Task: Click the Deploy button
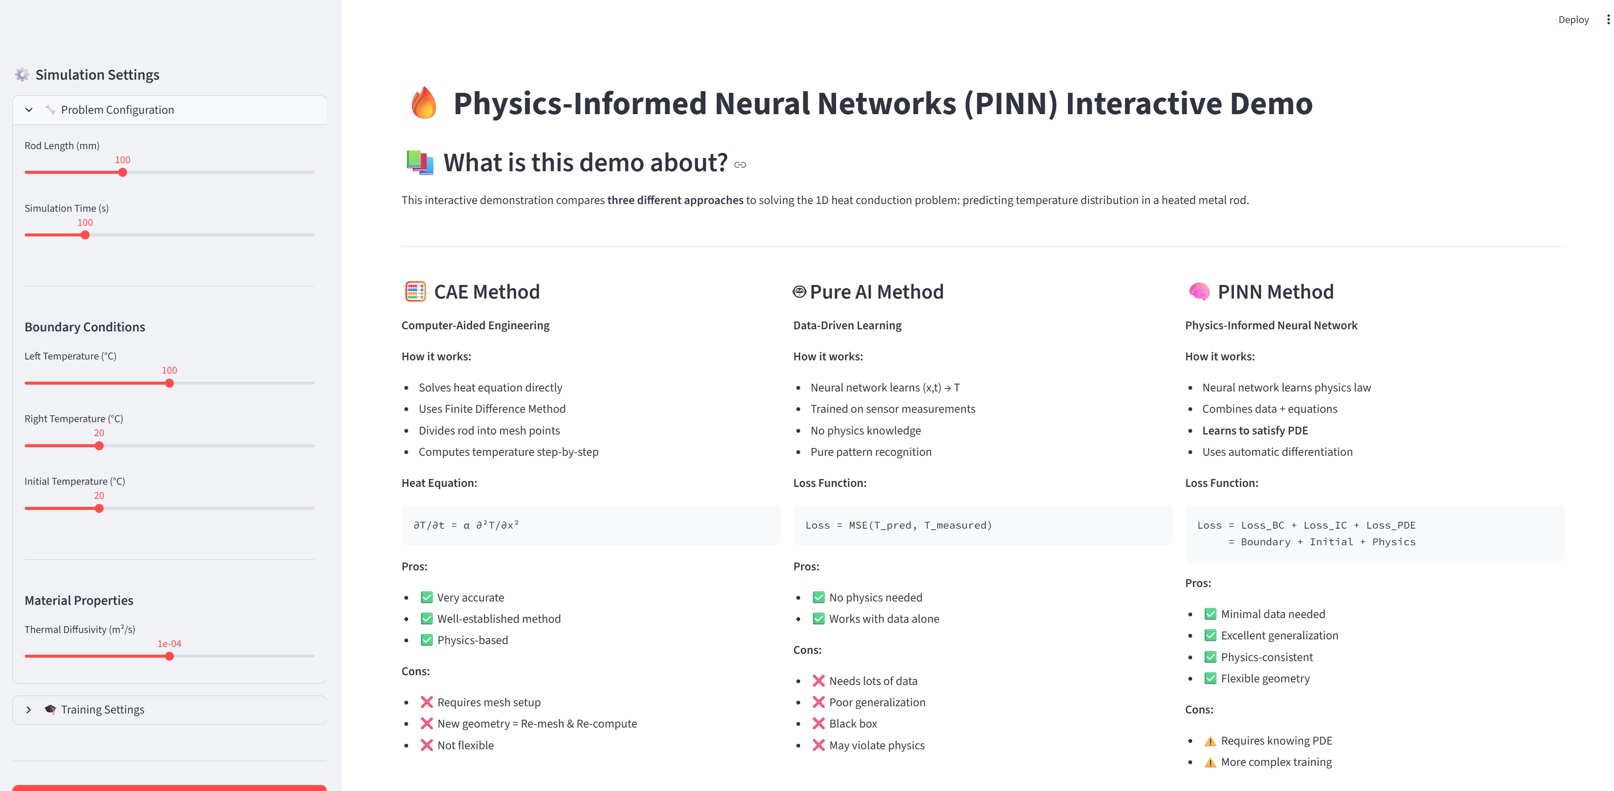(x=1573, y=20)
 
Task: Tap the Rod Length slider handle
(x=123, y=173)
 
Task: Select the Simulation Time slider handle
(x=85, y=235)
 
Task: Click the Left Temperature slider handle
(x=169, y=383)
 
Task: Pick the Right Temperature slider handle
(x=99, y=446)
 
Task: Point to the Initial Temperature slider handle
(x=99, y=508)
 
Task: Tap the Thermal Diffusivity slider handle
(x=169, y=656)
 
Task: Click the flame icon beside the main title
(x=424, y=104)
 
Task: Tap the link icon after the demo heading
(x=740, y=165)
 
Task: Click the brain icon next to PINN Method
(x=1199, y=291)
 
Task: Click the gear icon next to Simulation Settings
(x=22, y=75)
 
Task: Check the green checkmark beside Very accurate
(x=426, y=597)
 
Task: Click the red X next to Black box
(x=818, y=723)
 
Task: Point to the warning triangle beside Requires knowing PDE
(x=1210, y=741)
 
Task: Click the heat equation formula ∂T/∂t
(x=466, y=525)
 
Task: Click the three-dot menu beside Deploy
(x=1608, y=20)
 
